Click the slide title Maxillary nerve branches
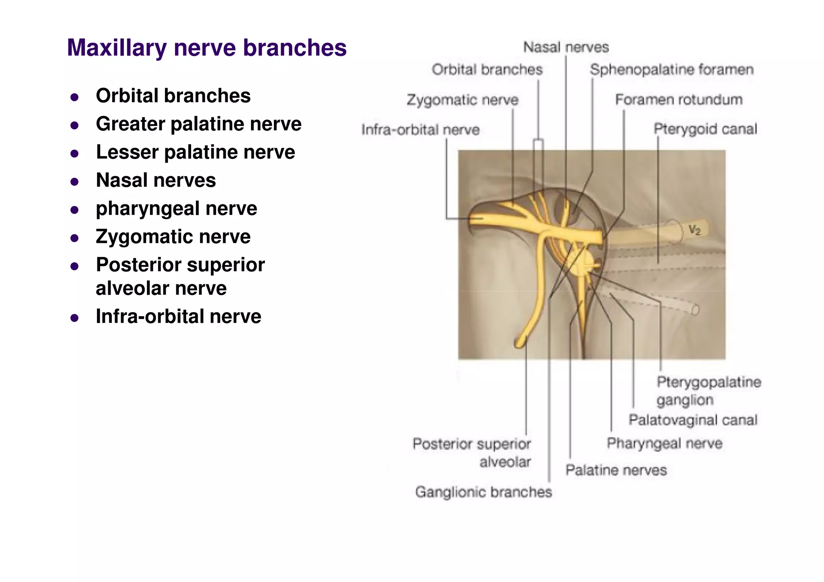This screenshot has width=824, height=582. pyautogui.click(x=206, y=48)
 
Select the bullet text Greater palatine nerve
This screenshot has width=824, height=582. pyautogui.click(x=198, y=124)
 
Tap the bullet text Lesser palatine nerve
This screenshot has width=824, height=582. pyautogui.click(x=195, y=152)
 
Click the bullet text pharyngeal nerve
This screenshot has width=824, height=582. pyautogui.click(x=176, y=208)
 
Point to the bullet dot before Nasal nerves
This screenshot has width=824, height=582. pyautogui.click(x=74, y=182)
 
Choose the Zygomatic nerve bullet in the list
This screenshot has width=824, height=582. pyautogui.click(x=173, y=237)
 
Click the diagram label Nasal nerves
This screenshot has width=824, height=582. pyautogui.click(x=566, y=47)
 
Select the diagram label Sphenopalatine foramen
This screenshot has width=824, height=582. pyautogui.click(x=671, y=70)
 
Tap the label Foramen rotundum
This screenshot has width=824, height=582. pyautogui.click(x=678, y=100)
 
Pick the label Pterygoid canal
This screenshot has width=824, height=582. pyautogui.click(x=705, y=129)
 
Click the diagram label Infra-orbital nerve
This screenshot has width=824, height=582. pyautogui.click(x=420, y=130)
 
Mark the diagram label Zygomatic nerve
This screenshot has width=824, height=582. pyautogui.click(x=462, y=100)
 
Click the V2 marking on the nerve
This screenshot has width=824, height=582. pyautogui.click(x=694, y=230)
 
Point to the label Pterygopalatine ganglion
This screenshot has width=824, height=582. pyautogui.click(x=708, y=391)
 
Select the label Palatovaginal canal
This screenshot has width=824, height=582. pyautogui.click(x=692, y=420)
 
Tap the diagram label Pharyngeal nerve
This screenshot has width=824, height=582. pyautogui.click(x=664, y=443)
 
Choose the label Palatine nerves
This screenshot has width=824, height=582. pyautogui.click(x=616, y=470)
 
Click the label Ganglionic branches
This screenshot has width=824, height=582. pyautogui.click(x=483, y=492)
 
